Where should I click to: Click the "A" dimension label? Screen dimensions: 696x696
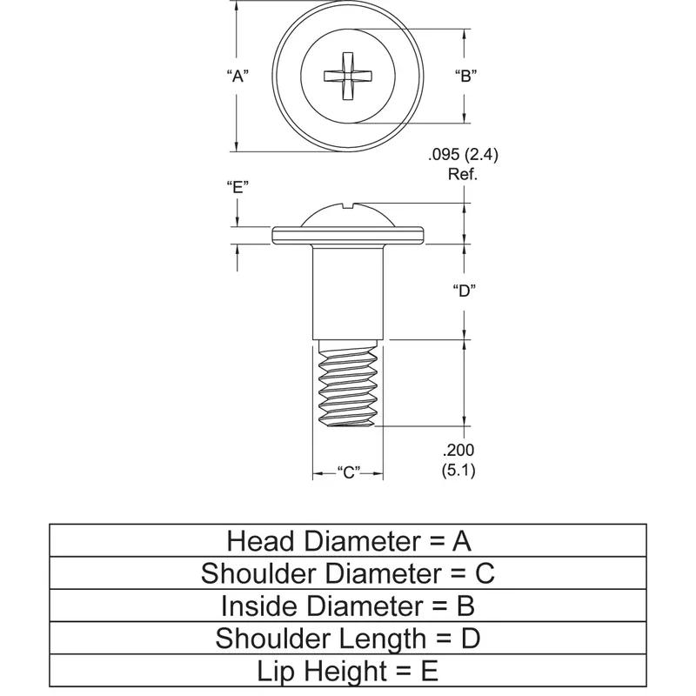(238, 76)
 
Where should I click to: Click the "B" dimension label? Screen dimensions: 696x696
(464, 76)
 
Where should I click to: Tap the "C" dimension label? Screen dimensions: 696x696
(348, 473)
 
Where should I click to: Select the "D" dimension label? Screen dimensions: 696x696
(464, 291)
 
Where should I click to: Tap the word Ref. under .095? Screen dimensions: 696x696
(463, 174)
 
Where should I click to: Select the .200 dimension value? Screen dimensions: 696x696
(458, 451)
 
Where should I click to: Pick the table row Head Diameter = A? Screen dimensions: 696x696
(348, 541)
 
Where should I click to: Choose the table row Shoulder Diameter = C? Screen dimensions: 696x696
(348, 573)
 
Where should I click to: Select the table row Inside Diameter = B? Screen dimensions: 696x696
(348, 606)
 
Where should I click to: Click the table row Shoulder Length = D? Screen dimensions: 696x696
(348, 639)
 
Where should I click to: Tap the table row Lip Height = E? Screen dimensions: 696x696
(348, 671)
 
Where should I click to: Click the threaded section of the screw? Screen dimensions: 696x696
(348, 383)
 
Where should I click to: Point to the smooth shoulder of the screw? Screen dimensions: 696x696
(348, 291)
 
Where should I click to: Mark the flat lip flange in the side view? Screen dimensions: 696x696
(348, 235)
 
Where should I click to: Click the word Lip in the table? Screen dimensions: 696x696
(278, 671)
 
